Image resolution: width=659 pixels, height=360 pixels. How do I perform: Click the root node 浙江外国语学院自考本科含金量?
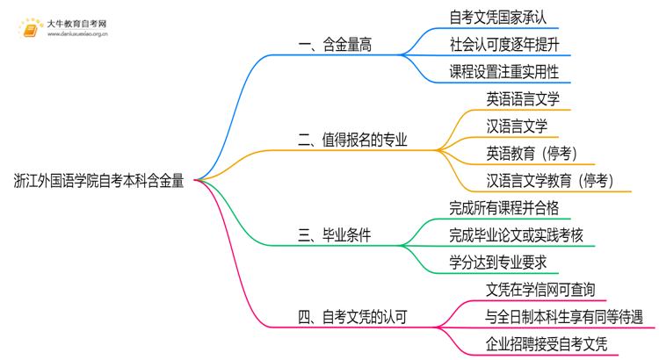click(99, 181)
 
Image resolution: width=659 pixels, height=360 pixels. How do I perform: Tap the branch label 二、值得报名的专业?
click(353, 140)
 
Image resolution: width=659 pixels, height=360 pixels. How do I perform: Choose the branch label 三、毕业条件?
click(334, 235)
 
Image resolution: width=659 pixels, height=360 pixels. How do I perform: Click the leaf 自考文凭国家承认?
click(498, 17)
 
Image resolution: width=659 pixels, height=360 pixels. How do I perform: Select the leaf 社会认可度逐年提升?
click(503, 44)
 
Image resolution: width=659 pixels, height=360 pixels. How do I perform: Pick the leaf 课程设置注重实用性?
click(503, 71)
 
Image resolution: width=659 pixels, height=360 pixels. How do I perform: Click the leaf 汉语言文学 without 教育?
click(517, 126)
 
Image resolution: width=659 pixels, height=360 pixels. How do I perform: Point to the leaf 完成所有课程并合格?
click(503, 208)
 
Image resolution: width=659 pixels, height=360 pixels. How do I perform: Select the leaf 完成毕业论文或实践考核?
click(515, 235)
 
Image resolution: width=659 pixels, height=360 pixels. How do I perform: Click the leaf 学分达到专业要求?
click(498, 263)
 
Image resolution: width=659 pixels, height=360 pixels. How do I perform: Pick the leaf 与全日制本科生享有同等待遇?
click(563, 317)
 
